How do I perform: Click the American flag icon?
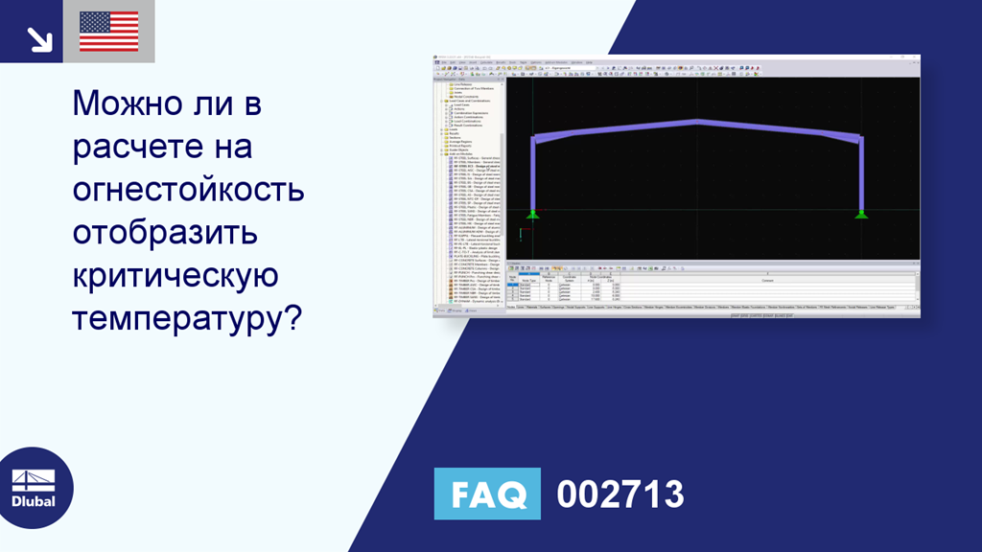pyautogui.click(x=108, y=32)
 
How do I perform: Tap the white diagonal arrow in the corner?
pyautogui.click(x=39, y=38)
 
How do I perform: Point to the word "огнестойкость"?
pyautogui.click(x=188, y=191)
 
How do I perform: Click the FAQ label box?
pyautogui.click(x=487, y=494)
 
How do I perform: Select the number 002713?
pyautogui.click(x=620, y=494)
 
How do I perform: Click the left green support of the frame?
pyautogui.click(x=533, y=214)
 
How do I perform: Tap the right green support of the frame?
pyautogui.click(x=862, y=214)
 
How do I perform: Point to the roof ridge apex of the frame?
pyautogui.click(x=697, y=122)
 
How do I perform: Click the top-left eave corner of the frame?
pyautogui.click(x=534, y=139)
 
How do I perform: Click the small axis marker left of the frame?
pyautogui.click(x=521, y=232)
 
